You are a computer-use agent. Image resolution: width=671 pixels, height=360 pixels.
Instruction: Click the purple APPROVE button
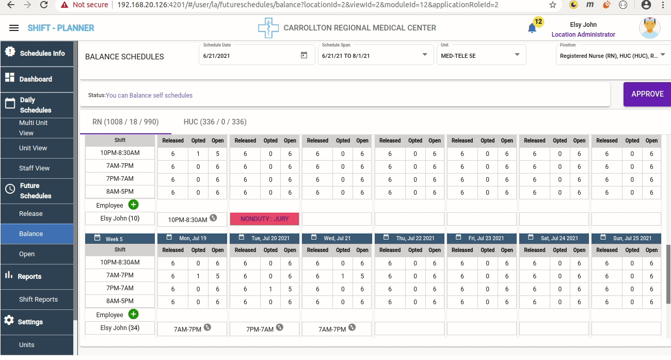click(x=647, y=94)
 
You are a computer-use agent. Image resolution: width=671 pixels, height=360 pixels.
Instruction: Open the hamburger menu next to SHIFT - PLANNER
click(x=14, y=28)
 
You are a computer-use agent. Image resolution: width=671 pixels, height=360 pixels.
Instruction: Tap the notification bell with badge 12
click(x=532, y=28)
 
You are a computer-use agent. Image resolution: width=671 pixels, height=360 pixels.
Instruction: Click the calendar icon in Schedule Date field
click(x=304, y=55)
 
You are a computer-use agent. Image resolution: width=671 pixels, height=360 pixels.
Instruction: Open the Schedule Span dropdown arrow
click(x=425, y=55)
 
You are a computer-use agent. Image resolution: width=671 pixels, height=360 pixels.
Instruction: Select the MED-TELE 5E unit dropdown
click(x=481, y=55)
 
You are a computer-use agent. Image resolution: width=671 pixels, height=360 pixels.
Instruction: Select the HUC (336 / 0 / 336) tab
click(x=215, y=122)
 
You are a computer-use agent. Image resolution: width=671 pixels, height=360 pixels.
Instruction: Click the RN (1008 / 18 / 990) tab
click(x=125, y=122)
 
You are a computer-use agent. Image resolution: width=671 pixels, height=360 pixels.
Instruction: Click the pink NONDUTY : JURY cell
click(x=264, y=219)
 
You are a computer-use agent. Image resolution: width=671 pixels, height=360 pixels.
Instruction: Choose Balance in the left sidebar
click(x=31, y=234)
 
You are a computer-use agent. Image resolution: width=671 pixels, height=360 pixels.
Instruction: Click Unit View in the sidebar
click(x=33, y=148)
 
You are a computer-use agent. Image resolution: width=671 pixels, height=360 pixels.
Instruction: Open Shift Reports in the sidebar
click(x=38, y=300)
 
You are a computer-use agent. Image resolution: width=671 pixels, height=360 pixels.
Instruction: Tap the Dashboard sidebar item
click(x=36, y=79)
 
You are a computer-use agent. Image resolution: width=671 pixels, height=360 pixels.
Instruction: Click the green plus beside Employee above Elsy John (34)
click(x=133, y=314)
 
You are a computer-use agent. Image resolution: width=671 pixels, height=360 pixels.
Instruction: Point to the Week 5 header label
click(x=114, y=239)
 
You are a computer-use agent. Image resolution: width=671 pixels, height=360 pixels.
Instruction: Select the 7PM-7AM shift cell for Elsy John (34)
click(x=260, y=329)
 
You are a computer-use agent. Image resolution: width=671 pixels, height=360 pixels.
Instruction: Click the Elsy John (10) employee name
click(x=120, y=218)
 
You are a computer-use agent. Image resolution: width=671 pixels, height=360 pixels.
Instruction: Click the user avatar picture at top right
click(x=649, y=28)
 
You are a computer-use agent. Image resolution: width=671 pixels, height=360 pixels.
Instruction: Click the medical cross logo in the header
click(x=268, y=28)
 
